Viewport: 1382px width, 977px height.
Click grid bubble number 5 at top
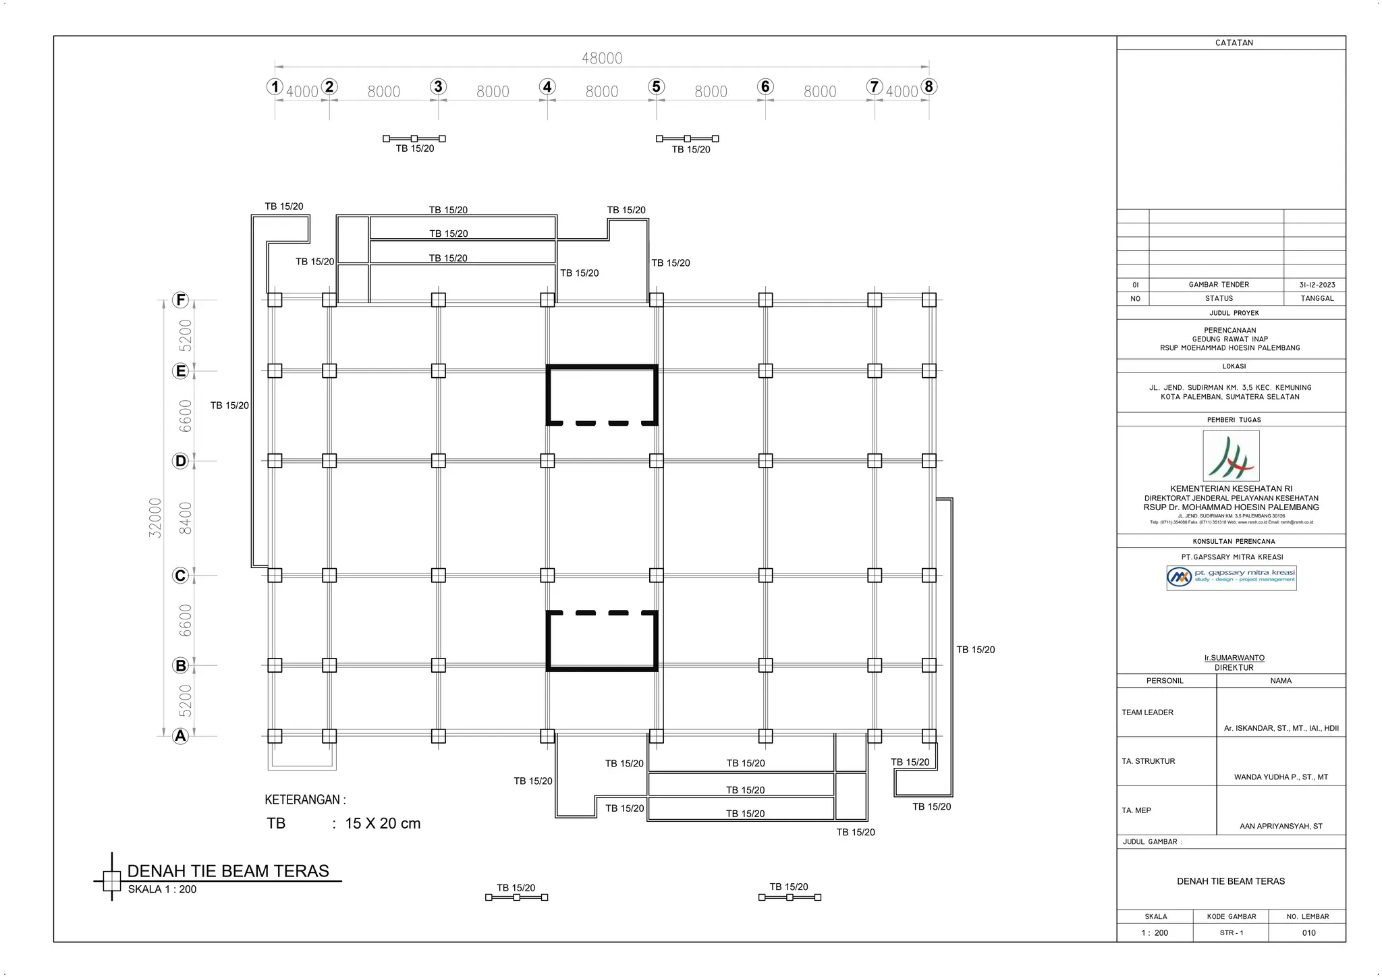click(656, 86)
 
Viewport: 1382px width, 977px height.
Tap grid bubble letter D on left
click(180, 461)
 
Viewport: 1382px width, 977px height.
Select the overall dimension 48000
click(602, 58)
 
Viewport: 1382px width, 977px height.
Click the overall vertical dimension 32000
click(155, 518)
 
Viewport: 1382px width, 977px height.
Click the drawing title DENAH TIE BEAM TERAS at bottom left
click(228, 871)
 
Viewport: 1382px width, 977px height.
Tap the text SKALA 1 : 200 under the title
click(162, 889)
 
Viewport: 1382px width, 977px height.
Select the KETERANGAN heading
click(305, 800)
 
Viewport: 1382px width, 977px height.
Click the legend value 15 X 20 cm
click(383, 823)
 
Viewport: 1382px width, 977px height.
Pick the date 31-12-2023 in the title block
click(1317, 285)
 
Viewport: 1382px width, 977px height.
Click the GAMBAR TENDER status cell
click(1219, 285)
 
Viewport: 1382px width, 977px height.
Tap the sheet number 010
click(1308, 932)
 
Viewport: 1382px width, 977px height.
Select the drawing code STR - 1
click(1231, 932)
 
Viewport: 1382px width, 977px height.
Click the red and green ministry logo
click(1231, 456)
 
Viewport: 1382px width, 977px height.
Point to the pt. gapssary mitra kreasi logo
click(1231, 578)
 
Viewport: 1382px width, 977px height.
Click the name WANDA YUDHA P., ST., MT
click(1281, 777)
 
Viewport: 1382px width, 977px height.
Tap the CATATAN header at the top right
click(1234, 43)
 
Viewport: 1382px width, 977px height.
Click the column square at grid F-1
click(275, 300)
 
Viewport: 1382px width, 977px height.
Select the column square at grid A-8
click(929, 736)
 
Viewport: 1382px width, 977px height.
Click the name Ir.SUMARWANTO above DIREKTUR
click(1234, 658)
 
